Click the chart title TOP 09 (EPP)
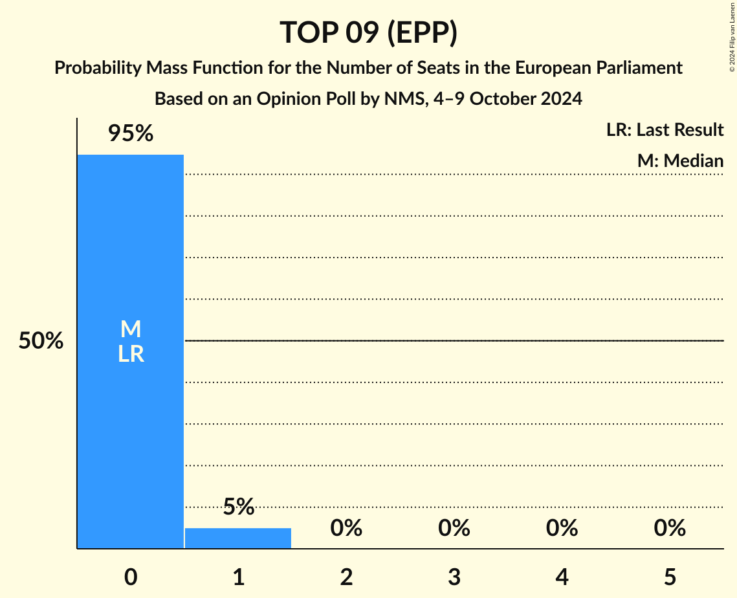(368, 32)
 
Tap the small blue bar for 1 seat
(238, 538)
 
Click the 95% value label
(131, 134)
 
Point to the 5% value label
(238, 507)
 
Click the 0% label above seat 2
(346, 528)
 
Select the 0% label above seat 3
(454, 528)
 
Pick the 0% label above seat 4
(562, 528)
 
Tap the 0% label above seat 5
(670, 528)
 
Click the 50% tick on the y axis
(41, 341)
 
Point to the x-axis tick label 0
(131, 577)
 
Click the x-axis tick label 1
(238, 577)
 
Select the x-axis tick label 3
(454, 577)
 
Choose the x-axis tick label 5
(670, 577)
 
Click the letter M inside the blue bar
(131, 329)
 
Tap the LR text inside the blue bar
(131, 354)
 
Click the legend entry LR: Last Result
(665, 130)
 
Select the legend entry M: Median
(680, 161)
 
